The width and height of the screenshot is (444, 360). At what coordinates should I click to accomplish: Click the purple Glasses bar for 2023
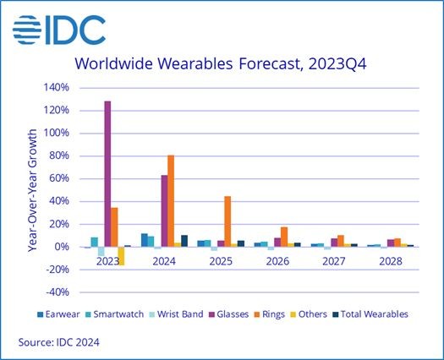click(107, 174)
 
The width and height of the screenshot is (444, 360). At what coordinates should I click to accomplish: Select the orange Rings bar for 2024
click(171, 201)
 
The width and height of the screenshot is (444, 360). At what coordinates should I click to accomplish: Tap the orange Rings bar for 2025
click(227, 221)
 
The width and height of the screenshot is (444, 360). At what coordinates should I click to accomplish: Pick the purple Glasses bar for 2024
click(165, 211)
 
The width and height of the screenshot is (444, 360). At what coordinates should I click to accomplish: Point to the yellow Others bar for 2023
click(121, 256)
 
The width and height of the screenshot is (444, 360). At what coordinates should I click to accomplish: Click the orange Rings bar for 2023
click(114, 227)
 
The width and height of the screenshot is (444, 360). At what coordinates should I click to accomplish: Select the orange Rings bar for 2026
click(284, 237)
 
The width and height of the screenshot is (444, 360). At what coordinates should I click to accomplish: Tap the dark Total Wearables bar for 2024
click(184, 241)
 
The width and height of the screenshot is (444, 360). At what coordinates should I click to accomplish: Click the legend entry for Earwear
click(58, 314)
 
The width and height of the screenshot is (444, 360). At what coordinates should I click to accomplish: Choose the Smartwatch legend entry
click(114, 314)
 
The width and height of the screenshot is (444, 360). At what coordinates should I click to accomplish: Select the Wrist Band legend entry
click(177, 314)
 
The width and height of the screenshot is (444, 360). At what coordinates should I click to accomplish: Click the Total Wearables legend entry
click(370, 314)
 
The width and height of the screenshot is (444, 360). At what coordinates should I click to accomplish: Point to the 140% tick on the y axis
click(57, 87)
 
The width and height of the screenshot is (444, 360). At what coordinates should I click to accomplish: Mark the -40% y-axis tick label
click(58, 292)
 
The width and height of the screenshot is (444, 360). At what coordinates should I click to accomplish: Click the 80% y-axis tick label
click(58, 155)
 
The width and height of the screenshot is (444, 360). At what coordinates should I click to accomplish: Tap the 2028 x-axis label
click(391, 261)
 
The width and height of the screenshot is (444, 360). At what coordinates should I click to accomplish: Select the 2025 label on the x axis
click(221, 261)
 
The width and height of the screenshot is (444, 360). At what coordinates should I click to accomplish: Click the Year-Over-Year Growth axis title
click(33, 190)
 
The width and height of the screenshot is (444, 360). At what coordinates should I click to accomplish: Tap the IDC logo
click(59, 30)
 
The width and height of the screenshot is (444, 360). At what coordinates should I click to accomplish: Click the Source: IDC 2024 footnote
click(59, 342)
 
